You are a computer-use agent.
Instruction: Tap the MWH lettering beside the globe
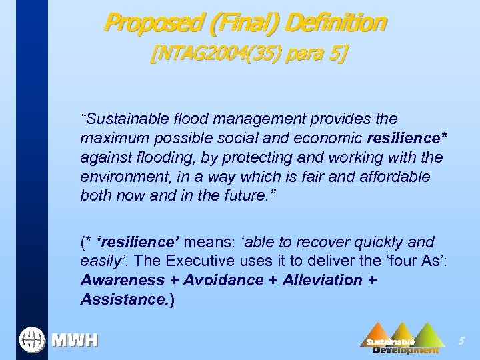tap(75, 340)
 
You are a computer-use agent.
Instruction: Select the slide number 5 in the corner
tap(460, 341)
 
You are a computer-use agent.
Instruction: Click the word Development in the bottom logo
tap(405, 350)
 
